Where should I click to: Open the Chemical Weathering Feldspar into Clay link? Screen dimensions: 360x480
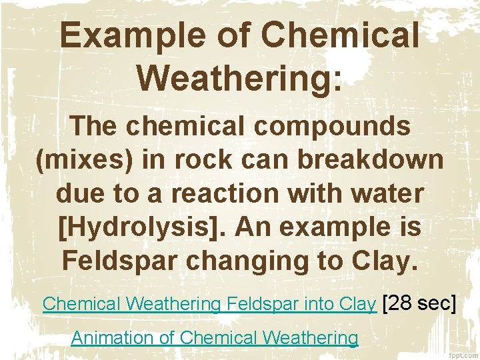click(209, 305)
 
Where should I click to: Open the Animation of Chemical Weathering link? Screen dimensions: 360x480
click(214, 338)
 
